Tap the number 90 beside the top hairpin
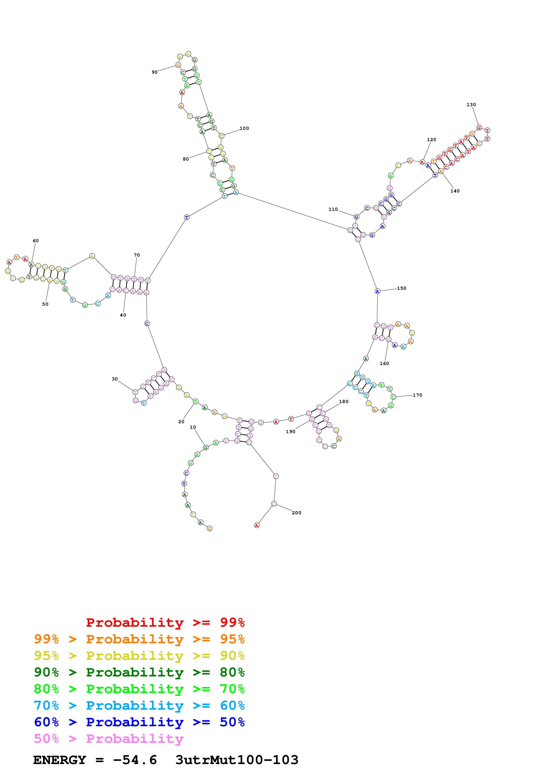[x=155, y=72]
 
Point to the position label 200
[x=296, y=513]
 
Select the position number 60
[x=35, y=241]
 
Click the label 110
[x=333, y=209]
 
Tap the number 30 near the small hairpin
[x=115, y=379]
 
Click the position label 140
[x=455, y=191]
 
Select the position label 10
[x=193, y=427]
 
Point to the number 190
[x=291, y=432]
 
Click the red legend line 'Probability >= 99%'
[x=165, y=622]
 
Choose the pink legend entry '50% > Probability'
[x=109, y=739]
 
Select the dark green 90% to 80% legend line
[x=139, y=672]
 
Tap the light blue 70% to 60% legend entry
[x=139, y=705]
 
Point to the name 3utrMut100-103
[x=237, y=760]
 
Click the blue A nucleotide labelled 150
[x=378, y=291]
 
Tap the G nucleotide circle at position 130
[x=479, y=128]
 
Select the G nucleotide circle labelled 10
[x=206, y=448]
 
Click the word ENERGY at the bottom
[x=60, y=760]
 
